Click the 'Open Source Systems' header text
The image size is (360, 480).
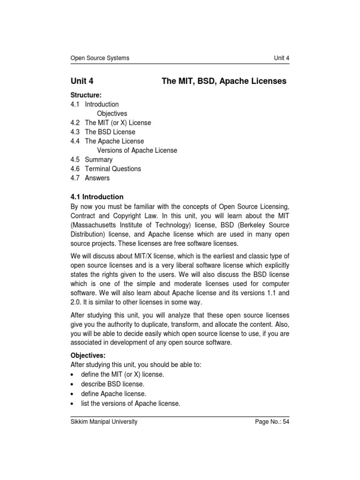pos(99,58)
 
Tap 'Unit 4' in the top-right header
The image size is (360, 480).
pos(281,58)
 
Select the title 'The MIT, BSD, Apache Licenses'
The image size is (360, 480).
pos(224,81)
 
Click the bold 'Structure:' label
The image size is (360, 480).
pos(86,95)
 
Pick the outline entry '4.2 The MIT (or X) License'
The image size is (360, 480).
pos(111,123)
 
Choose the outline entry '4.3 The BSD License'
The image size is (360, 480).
pos(103,132)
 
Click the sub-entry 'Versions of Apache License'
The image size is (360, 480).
pos(137,150)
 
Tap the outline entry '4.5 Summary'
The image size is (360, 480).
pos(91,159)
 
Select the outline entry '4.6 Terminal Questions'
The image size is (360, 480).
pos(105,169)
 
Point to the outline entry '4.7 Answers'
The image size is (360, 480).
pos(90,178)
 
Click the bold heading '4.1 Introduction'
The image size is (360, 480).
pos(97,197)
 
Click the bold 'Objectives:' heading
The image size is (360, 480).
pos(88,355)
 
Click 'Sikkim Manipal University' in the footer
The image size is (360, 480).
pos(104,422)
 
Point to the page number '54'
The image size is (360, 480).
pos(285,422)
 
